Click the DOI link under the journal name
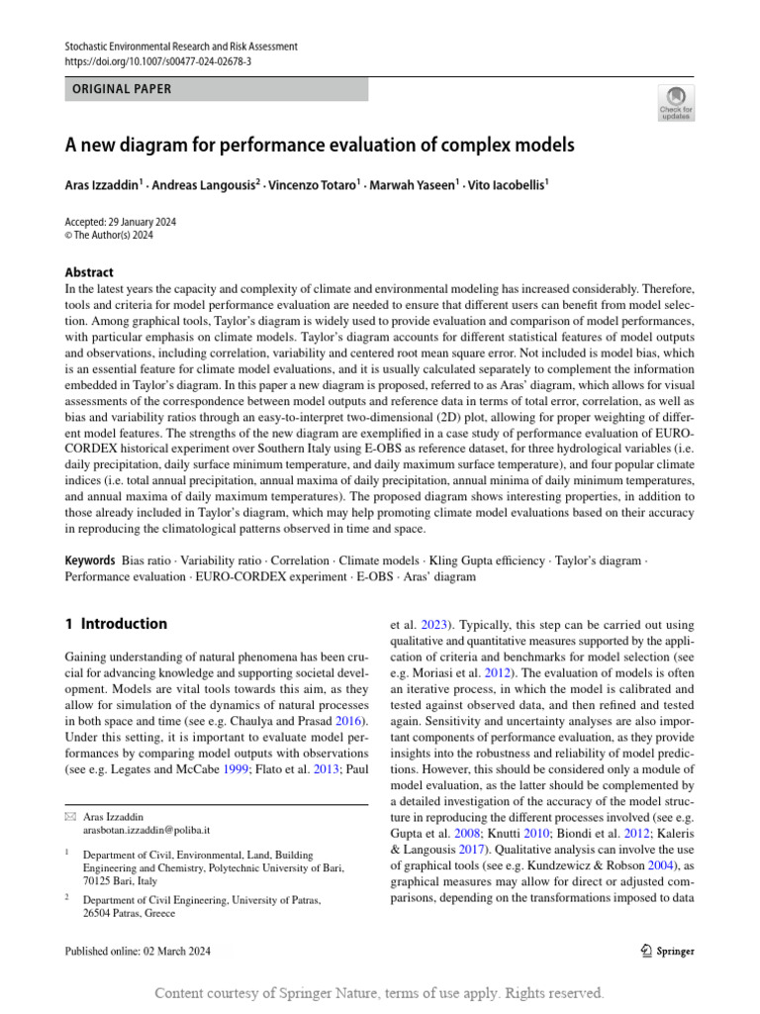click(158, 60)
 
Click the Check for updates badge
click(676, 102)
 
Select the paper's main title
click(319, 146)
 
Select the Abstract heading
click(89, 272)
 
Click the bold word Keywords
click(90, 560)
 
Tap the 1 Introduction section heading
click(116, 624)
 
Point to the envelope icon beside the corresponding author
click(69, 815)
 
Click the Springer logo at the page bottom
click(666, 952)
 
